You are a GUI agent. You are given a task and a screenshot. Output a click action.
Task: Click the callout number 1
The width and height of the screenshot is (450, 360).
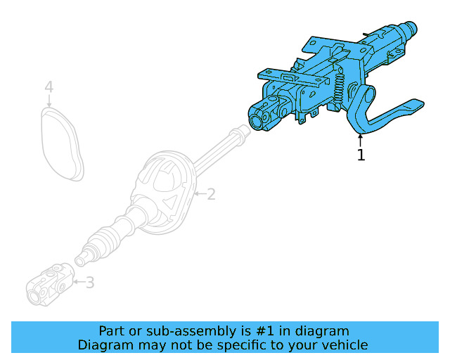361,155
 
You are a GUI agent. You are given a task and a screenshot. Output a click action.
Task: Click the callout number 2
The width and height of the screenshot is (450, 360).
210,194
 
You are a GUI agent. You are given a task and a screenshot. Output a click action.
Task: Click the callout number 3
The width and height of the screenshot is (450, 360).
90,283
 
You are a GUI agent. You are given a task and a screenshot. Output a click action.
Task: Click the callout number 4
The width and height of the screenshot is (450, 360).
49,87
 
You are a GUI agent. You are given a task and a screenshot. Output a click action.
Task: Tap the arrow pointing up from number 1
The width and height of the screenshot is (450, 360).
361,139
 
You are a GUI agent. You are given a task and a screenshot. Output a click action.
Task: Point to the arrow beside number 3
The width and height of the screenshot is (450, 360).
79,283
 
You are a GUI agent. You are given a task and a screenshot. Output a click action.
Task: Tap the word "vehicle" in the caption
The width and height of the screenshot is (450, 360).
345,345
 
